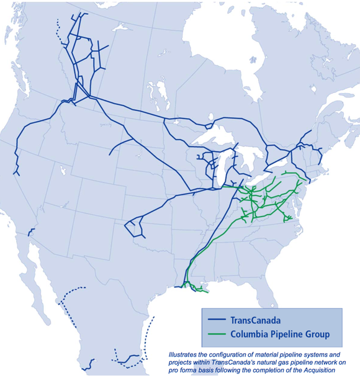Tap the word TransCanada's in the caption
tap(249, 362)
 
